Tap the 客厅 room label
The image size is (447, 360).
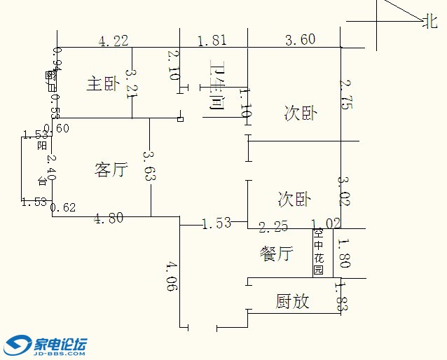[111, 169]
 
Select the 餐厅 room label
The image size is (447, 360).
[275, 254]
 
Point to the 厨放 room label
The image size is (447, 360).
[292, 302]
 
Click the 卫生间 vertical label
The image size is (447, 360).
[216, 87]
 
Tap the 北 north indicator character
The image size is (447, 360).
[429, 22]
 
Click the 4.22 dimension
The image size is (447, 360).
[114, 41]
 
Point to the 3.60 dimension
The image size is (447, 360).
[300, 40]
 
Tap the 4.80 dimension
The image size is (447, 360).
[109, 219]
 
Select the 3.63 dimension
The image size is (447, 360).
[148, 166]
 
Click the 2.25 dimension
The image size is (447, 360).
[273, 226]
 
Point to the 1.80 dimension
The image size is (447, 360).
[343, 254]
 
